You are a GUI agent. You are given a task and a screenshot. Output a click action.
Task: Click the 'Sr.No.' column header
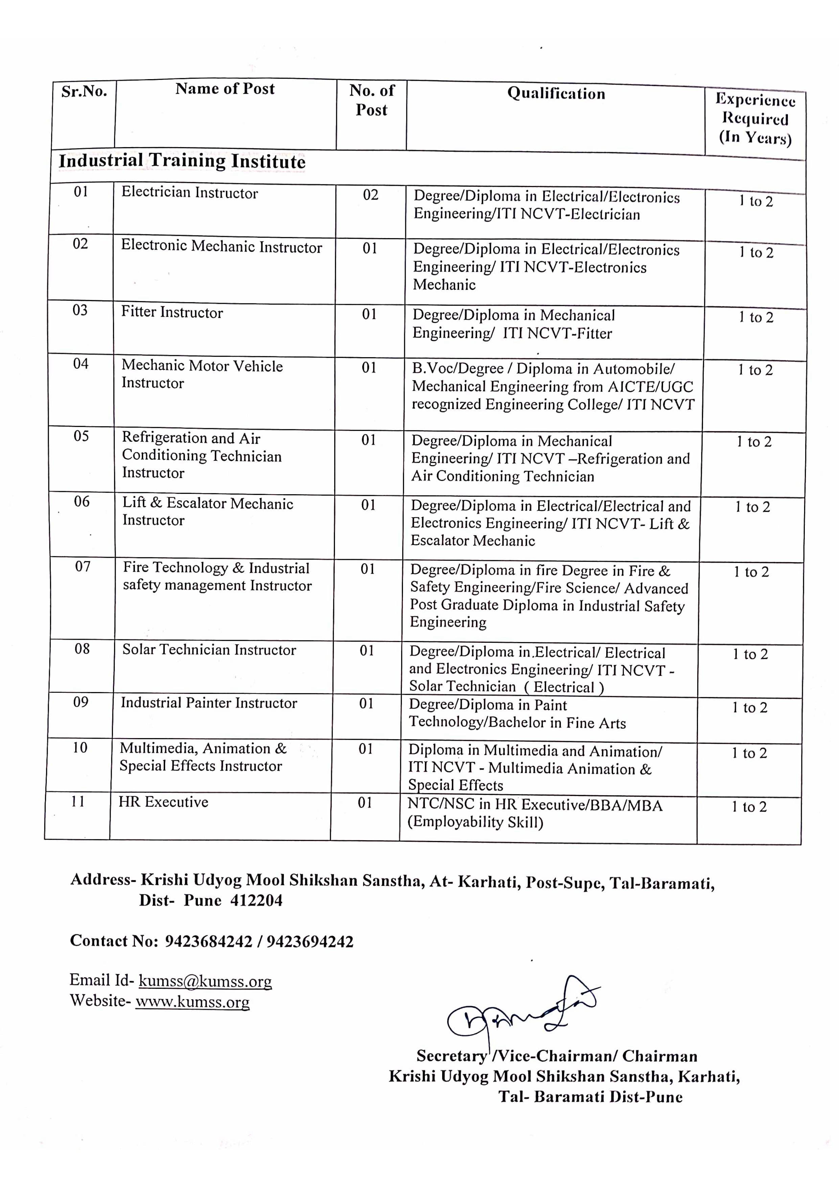pos(84,92)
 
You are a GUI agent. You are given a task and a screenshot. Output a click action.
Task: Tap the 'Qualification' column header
pos(556,94)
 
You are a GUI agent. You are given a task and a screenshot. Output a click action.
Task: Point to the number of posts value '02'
pos(371,195)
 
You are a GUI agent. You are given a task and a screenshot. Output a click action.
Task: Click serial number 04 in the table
pos(81,364)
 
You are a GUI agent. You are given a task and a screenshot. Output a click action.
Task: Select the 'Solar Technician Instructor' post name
pos(209,650)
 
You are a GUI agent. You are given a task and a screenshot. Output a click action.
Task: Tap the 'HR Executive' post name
pos(163,802)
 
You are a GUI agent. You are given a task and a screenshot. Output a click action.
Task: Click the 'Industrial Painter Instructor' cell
pos(209,703)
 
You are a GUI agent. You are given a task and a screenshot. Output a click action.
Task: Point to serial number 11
pos(78,801)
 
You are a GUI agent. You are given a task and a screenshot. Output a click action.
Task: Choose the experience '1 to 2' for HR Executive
pos(749,806)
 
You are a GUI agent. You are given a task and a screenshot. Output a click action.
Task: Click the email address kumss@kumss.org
pos(205,981)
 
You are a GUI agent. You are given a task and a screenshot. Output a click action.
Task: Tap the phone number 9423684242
pos(208,941)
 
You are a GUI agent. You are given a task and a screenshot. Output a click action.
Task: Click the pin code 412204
pos(256,900)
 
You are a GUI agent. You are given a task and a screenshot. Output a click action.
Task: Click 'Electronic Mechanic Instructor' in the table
pos(221,247)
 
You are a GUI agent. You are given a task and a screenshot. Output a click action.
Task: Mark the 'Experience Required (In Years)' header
pos(755,119)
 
